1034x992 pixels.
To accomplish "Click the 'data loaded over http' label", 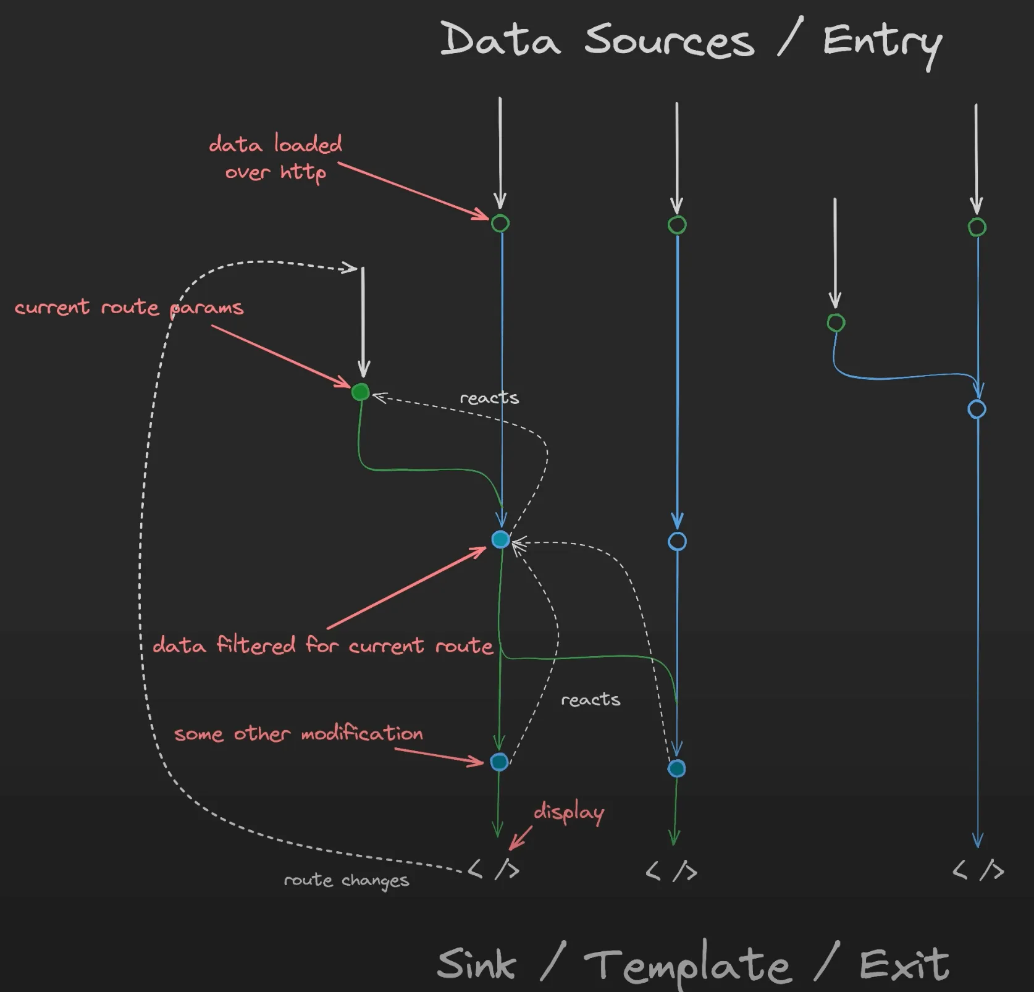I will click(x=275, y=158).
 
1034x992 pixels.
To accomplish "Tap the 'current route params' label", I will click(x=129, y=308).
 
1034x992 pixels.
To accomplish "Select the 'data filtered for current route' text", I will click(x=322, y=645).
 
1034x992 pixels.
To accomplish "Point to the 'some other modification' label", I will click(x=298, y=734).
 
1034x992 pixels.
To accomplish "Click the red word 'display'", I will click(x=568, y=812).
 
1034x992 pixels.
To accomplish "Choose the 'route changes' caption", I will click(x=346, y=880).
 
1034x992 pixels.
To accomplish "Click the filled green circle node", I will click(x=360, y=392).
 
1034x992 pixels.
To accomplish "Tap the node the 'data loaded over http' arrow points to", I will click(x=500, y=223).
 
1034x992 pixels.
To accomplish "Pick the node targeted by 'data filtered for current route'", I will click(x=500, y=540).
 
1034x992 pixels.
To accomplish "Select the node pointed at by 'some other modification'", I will click(x=499, y=762).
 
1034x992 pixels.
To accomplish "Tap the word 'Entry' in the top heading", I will click(x=882, y=43).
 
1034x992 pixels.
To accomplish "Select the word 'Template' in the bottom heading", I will click(x=687, y=965).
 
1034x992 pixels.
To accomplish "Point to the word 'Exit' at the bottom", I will click(x=904, y=965).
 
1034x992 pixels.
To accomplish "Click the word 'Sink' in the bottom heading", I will click(x=476, y=965).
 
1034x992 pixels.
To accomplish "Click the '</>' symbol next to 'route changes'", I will click(x=494, y=870).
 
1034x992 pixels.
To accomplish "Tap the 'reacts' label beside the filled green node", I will click(x=489, y=398).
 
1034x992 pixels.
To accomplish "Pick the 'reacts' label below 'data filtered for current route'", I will click(x=591, y=699).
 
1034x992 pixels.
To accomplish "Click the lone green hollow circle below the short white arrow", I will click(x=836, y=322).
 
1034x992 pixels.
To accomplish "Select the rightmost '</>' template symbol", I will click(x=978, y=870).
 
